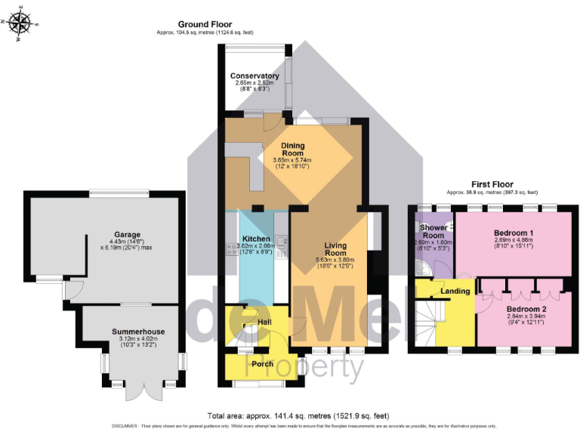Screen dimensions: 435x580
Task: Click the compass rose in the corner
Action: [x=20, y=22]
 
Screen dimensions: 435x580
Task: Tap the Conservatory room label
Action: [x=255, y=76]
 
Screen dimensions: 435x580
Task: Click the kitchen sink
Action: [x=281, y=243]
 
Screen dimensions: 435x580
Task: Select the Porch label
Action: [x=262, y=365]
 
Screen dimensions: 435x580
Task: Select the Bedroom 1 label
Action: [x=514, y=232]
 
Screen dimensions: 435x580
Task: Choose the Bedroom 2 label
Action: [x=526, y=310]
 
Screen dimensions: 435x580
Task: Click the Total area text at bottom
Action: [x=290, y=415]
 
